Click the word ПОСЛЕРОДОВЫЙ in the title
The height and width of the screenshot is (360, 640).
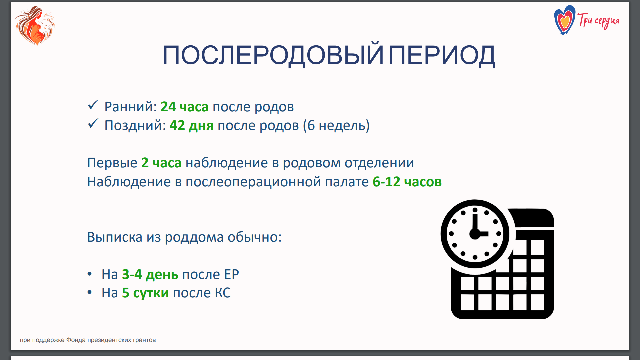pyautogui.click(x=273, y=55)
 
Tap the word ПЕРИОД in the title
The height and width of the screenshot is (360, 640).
pyautogui.click(x=442, y=55)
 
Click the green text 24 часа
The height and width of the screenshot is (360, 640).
pyautogui.click(x=185, y=107)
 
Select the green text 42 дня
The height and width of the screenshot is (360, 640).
pyautogui.click(x=192, y=125)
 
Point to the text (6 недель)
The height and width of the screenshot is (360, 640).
pyautogui.click(x=336, y=125)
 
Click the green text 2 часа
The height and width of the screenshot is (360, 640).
pyautogui.click(x=161, y=163)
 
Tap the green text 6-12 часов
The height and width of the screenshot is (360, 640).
pyautogui.click(x=407, y=182)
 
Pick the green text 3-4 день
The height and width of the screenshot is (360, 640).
pyautogui.click(x=150, y=274)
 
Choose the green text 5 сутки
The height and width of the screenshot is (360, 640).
pyautogui.click(x=145, y=293)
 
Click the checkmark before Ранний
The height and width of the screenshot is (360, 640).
pyautogui.click(x=93, y=105)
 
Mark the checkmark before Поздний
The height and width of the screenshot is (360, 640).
pyautogui.click(x=93, y=124)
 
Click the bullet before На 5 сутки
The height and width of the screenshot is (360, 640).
pyautogui.click(x=89, y=292)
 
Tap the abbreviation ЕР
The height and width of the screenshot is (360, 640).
pyautogui.click(x=231, y=274)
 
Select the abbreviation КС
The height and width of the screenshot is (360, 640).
pyautogui.click(x=223, y=293)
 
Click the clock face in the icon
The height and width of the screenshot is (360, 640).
pyautogui.click(x=475, y=234)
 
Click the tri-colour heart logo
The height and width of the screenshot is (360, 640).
pyautogui.click(x=565, y=20)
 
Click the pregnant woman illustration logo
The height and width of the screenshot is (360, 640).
pyautogui.click(x=35, y=25)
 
